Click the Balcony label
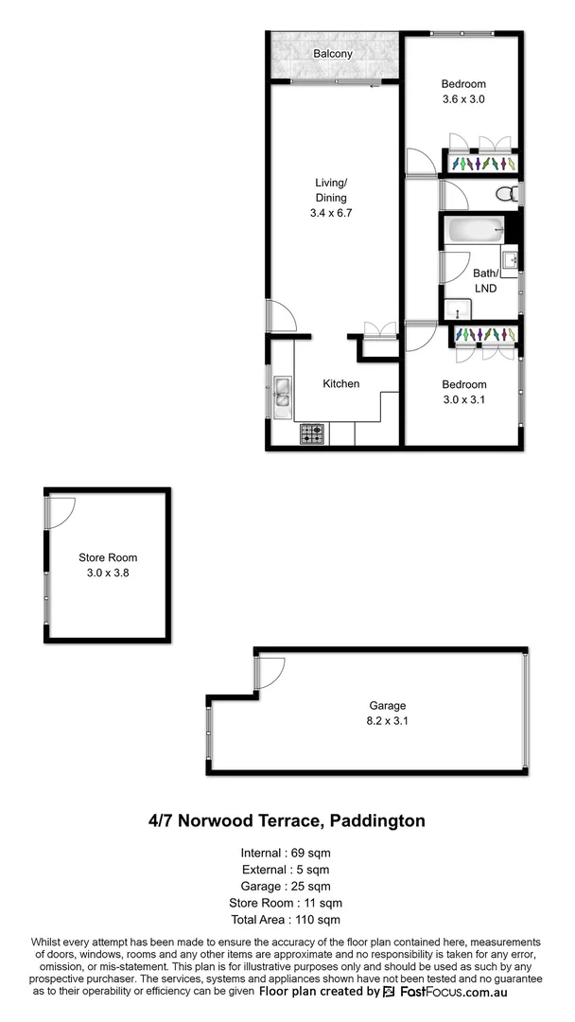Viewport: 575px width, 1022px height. (333, 54)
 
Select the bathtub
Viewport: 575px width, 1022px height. (476, 231)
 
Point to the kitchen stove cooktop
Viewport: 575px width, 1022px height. (313, 434)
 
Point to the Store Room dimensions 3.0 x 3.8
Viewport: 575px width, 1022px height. (107, 573)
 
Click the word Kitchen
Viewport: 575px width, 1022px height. (341, 383)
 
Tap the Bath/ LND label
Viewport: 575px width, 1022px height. (485, 280)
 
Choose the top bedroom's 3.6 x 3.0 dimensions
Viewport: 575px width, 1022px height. (462, 98)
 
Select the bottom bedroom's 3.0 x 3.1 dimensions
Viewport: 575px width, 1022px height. (464, 399)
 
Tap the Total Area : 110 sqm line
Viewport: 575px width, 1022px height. (287, 919)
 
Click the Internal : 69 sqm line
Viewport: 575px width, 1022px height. (287, 851)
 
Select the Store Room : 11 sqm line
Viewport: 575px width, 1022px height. (287, 902)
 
